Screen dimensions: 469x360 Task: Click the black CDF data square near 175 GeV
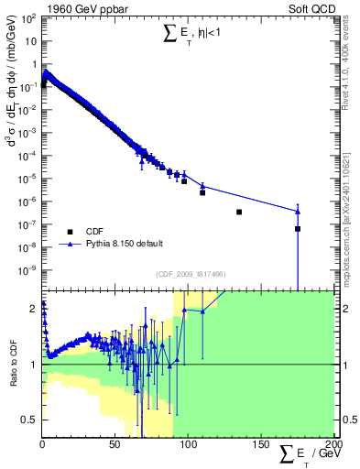pos(298,229)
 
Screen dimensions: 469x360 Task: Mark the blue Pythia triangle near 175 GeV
pos(298,212)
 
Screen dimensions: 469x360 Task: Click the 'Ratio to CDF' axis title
pos(14,364)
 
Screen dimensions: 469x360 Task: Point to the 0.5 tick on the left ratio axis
pos(33,420)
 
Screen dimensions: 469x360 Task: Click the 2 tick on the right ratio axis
pos(344,309)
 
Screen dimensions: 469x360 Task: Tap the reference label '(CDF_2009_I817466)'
pos(188,274)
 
